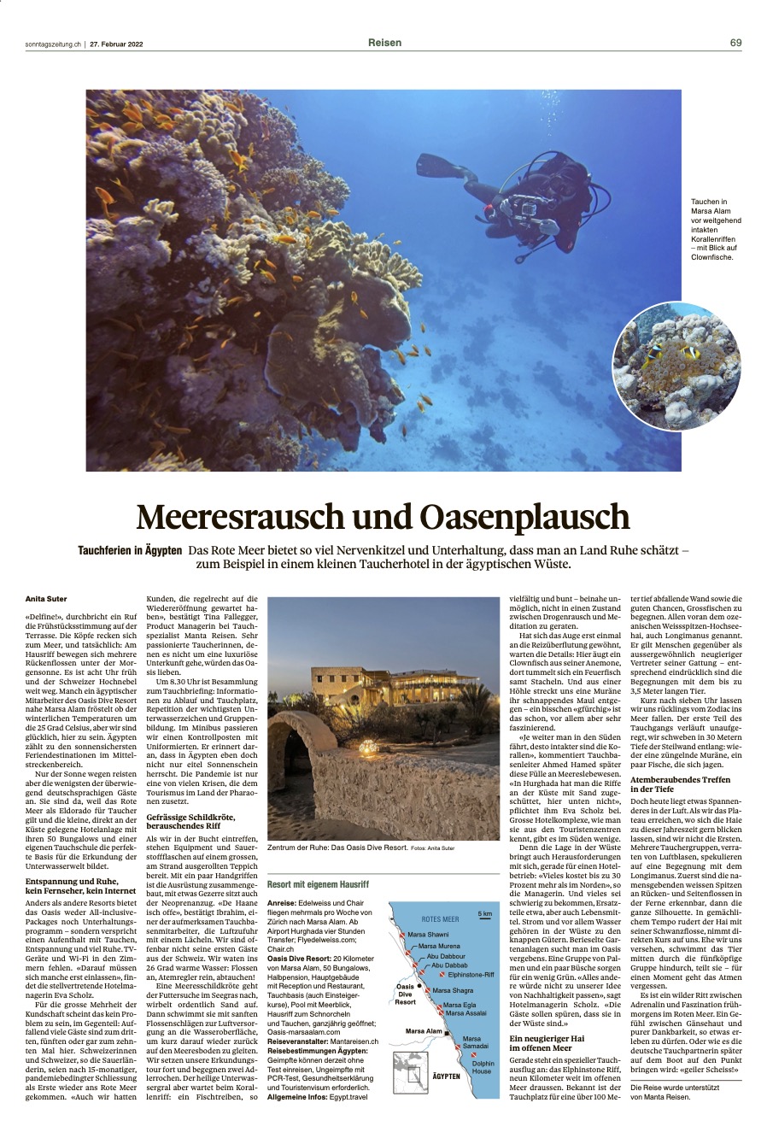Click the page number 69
[735, 43]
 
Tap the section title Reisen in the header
[384, 43]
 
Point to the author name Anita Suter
[46, 599]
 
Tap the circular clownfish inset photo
[676, 366]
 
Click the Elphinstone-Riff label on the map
[471, 974]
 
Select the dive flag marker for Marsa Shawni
[401, 934]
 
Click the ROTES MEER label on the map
[440, 919]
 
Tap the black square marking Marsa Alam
[447, 1031]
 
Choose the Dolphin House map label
[483, 1067]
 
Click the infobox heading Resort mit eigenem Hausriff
[318, 884]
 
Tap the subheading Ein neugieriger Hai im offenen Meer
[547, 1043]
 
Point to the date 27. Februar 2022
[116, 44]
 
